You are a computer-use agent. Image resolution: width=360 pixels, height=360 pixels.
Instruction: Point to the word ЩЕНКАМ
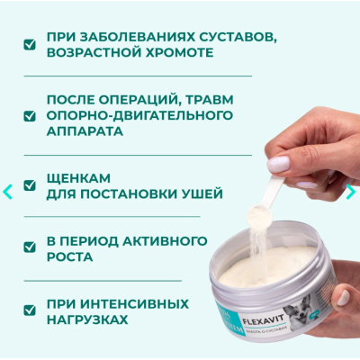coord(73,177)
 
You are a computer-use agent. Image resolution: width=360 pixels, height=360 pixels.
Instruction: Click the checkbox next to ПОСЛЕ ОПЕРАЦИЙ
coord(31,115)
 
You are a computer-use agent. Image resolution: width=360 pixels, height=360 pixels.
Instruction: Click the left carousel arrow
coord(7,191)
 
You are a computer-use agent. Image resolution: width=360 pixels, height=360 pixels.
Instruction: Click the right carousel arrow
coord(351,191)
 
